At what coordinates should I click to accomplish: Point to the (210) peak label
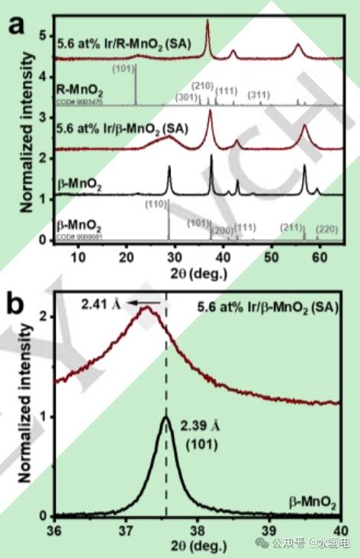pyautogui.click(x=202, y=85)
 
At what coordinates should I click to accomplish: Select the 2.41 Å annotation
pyautogui.click(x=97, y=303)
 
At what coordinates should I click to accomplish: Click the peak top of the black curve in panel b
pyautogui.click(x=166, y=417)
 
